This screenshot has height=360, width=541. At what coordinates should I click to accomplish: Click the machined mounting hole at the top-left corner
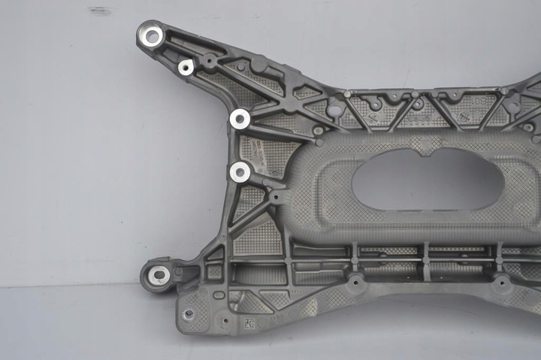153,35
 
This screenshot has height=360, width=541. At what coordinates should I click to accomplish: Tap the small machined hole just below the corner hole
186,68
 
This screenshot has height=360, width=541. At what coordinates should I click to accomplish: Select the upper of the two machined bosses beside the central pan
240,118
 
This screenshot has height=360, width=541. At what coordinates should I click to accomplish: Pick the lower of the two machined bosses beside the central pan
240,172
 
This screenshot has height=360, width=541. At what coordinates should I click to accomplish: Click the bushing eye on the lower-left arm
158,275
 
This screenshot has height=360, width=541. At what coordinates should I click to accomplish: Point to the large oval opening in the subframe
427,179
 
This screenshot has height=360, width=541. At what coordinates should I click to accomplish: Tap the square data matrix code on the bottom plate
249,324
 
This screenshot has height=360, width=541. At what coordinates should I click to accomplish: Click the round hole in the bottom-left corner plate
189,313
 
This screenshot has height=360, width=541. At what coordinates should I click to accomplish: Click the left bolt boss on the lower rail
354,283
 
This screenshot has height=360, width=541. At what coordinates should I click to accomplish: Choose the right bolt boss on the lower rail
500,283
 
